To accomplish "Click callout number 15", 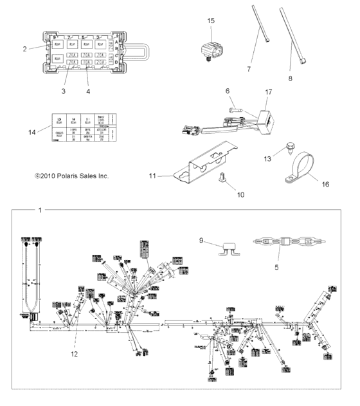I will point(211,21).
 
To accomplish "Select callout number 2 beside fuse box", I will point(25,48).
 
